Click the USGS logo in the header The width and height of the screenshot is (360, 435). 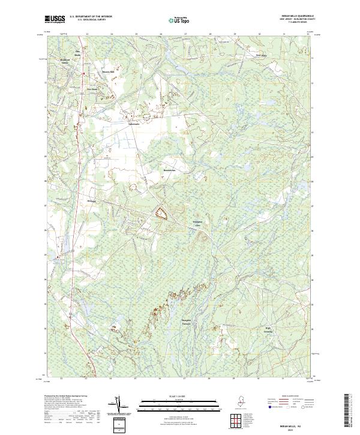click(x=55, y=19)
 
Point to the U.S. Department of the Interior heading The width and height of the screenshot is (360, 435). click(x=91, y=16)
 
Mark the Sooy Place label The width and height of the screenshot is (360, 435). click(x=260, y=55)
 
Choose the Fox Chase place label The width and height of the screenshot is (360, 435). click(x=93, y=89)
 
